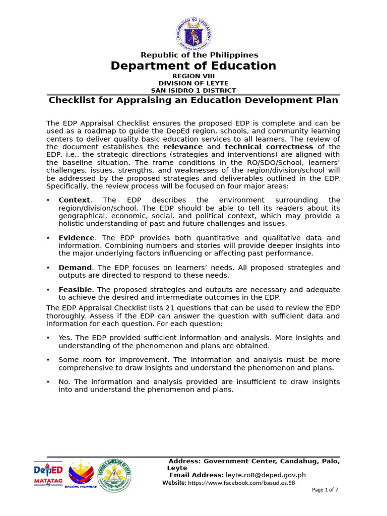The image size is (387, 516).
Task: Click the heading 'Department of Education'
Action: (x=193, y=66)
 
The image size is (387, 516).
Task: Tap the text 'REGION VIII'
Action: (x=193, y=76)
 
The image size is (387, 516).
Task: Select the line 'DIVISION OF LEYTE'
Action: (x=193, y=83)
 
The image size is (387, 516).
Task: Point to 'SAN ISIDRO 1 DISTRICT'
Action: (x=193, y=91)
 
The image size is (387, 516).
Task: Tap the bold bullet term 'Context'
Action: (x=74, y=200)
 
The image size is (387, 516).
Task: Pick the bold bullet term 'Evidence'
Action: (x=76, y=238)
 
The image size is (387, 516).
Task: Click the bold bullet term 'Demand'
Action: (x=75, y=268)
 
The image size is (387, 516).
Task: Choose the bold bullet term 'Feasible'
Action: (x=76, y=290)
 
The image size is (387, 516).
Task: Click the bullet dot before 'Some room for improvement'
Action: (x=48, y=360)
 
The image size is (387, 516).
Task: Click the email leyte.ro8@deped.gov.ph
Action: (x=266, y=475)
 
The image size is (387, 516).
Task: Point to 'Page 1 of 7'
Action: (x=325, y=489)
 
